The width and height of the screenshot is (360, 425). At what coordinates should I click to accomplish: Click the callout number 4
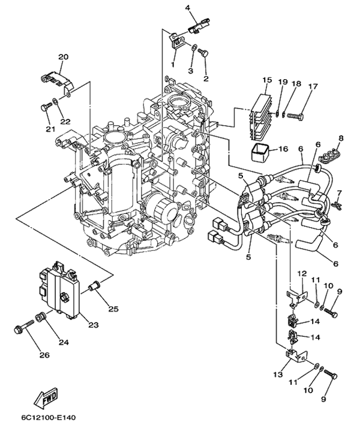(x=171, y=8)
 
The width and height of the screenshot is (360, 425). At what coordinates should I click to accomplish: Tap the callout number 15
(x=267, y=80)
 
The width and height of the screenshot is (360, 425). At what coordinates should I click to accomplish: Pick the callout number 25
(x=113, y=309)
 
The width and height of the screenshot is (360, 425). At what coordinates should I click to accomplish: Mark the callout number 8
(x=341, y=138)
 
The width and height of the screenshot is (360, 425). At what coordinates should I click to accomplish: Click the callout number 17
(x=312, y=86)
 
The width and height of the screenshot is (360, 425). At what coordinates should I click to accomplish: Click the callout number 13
(x=277, y=374)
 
